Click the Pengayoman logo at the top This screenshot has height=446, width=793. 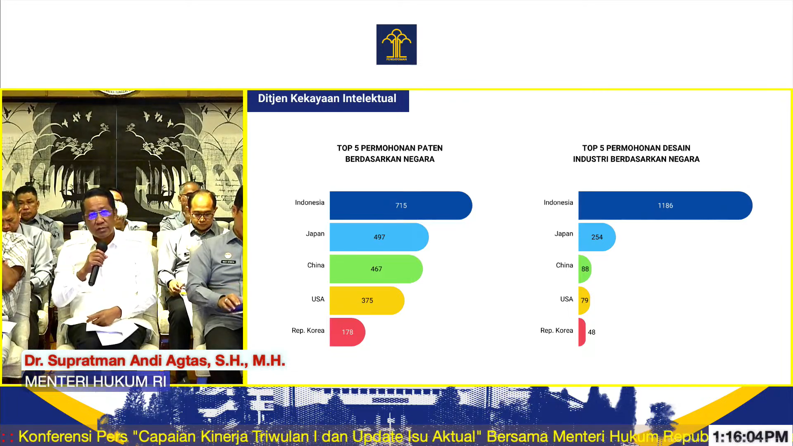396,44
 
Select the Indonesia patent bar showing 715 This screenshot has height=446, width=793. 401,205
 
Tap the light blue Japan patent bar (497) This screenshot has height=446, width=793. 379,237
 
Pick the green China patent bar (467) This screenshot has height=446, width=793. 376,269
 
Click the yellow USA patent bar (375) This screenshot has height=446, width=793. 367,301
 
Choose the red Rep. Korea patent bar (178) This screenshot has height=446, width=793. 347,332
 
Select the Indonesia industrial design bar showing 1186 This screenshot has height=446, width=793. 665,205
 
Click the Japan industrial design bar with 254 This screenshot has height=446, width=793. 597,237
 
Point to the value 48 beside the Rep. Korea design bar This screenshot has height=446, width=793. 592,332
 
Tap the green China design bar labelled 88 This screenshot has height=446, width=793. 585,269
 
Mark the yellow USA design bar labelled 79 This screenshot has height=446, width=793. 584,301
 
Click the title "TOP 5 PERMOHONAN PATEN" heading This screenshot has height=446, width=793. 390,148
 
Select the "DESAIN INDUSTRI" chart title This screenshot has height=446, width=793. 636,153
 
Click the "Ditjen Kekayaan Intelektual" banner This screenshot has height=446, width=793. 328,100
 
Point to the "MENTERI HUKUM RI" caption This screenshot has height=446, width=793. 95,381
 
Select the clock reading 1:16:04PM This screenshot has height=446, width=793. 750,436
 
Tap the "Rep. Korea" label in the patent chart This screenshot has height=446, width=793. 308,331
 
